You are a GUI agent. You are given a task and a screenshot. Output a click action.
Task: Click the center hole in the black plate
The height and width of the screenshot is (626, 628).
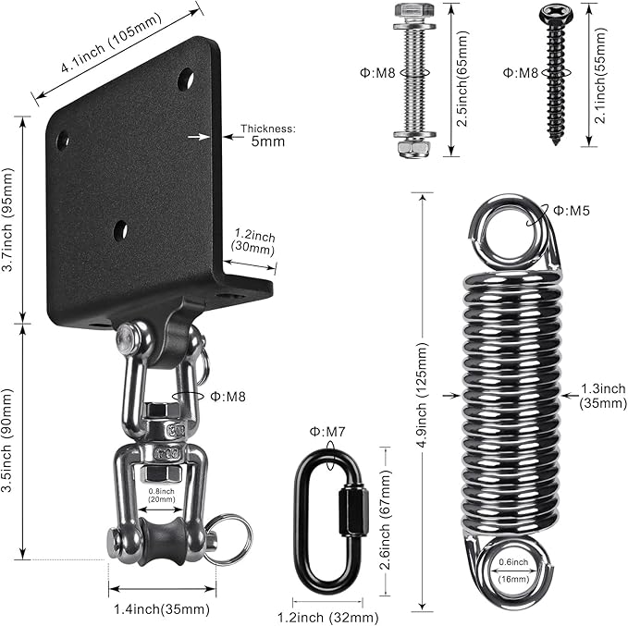click(120, 230)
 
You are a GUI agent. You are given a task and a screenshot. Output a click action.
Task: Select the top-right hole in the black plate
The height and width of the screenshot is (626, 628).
click(186, 78)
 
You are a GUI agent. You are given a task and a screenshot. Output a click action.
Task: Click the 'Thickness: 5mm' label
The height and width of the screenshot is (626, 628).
click(267, 136)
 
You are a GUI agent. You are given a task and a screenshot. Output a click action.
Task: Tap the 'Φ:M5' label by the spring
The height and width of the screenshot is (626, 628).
click(573, 212)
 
